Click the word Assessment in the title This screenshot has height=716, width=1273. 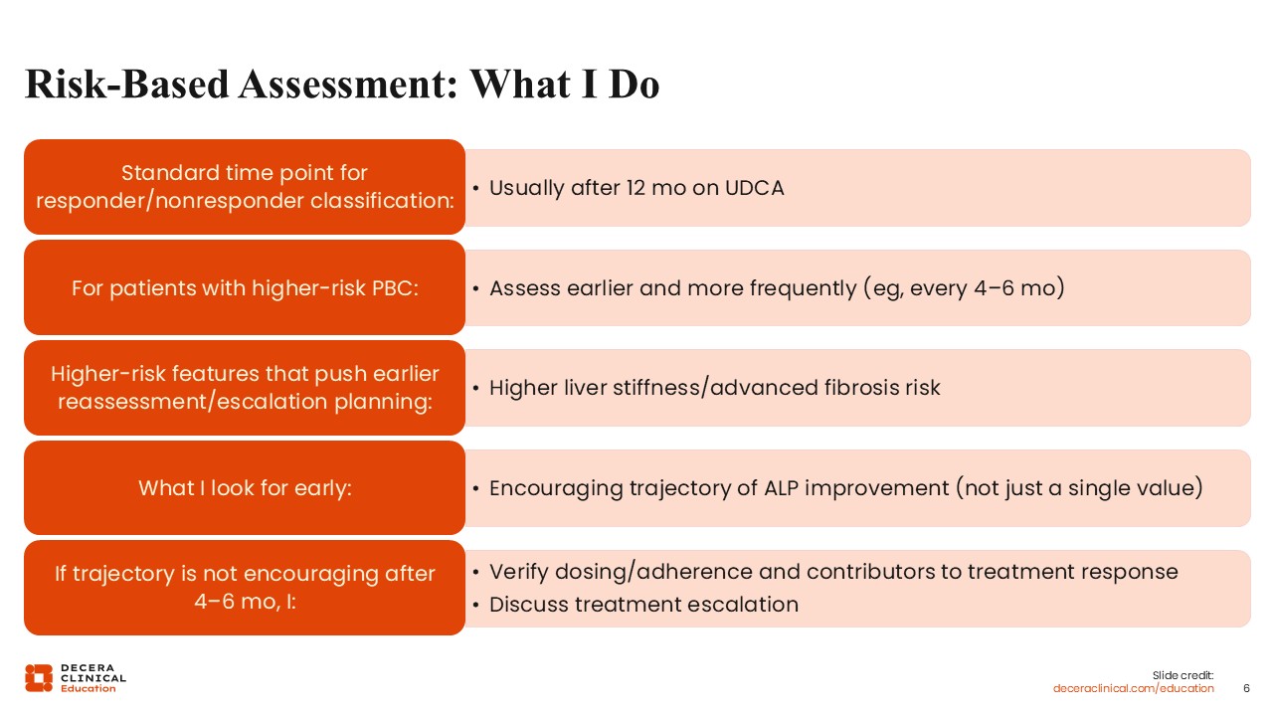pyautogui.click(x=348, y=85)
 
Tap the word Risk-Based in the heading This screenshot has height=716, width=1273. pyautogui.click(x=126, y=85)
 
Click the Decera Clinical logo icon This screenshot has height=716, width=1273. pyautogui.click(x=39, y=678)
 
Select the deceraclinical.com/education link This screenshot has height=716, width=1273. pyautogui.click(x=1133, y=688)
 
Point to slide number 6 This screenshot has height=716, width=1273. pyautogui.click(x=1247, y=688)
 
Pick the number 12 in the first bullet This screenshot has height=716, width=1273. pyautogui.click(x=636, y=188)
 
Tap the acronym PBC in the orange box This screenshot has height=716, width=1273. pyautogui.click(x=395, y=288)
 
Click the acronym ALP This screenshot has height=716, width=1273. pyautogui.click(x=781, y=488)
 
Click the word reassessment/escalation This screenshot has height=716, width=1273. pyautogui.click(x=193, y=402)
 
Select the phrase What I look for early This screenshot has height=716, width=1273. pyautogui.click(x=245, y=488)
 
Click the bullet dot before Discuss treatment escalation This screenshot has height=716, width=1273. pyautogui.click(x=475, y=606)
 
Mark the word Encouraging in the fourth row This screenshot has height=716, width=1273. pyautogui.click(x=556, y=488)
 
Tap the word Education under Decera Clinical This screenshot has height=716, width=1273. pyautogui.click(x=89, y=688)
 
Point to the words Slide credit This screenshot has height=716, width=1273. pyautogui.click(x=1182, y=675)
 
